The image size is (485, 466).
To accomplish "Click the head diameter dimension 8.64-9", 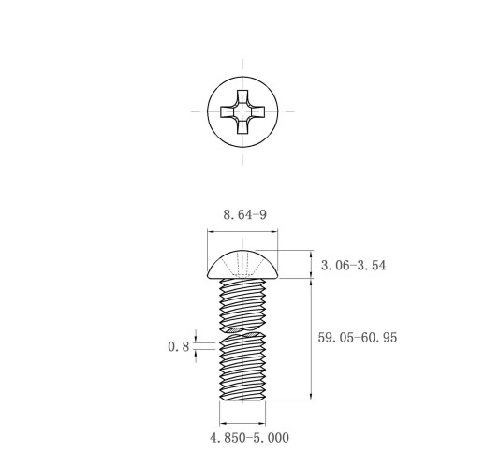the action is [245, 214].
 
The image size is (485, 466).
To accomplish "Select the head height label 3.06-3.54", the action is [353, 266].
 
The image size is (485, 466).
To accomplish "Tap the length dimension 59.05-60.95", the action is [358, 338].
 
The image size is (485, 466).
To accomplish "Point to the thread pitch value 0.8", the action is [179, 346].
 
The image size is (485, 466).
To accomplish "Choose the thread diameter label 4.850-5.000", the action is [249, 438].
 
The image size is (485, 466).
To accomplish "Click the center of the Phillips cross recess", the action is [242, 111].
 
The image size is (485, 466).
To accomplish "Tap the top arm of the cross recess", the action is [242, 96].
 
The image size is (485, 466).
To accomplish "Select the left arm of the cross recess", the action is [227, 111].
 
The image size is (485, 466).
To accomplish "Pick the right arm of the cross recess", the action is [258, 111].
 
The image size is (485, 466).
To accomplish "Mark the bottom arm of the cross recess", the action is [242, 127].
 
